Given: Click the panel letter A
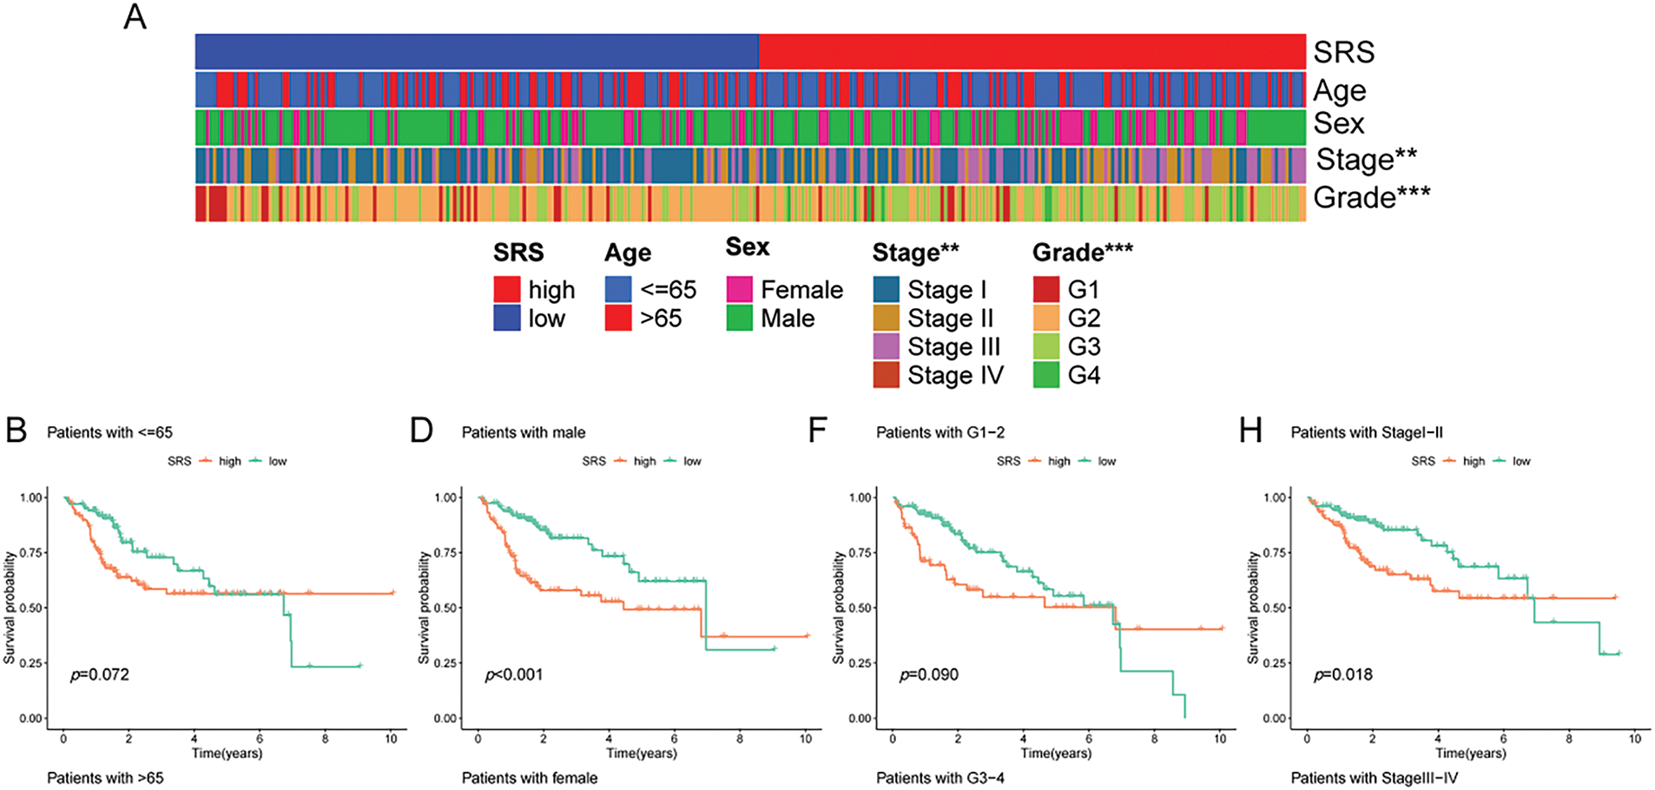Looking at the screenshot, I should point(135,16).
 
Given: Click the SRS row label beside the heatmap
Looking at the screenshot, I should point(1343,52).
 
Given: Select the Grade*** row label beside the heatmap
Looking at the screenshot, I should point(1371,197).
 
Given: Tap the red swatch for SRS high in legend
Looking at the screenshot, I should point(506,289).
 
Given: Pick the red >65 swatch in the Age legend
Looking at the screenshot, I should point(618,318).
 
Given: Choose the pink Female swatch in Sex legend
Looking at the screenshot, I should point(740,289).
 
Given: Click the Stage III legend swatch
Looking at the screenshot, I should point(886,346).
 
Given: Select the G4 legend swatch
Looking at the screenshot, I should point(1046,375).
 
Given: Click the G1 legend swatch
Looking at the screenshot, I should point(1046,289).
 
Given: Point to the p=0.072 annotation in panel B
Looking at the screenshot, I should point(100,675).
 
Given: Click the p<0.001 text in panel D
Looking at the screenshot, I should point(514,675).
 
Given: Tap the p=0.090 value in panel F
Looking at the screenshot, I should point(929,675).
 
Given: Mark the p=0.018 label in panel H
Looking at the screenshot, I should point(1343,675).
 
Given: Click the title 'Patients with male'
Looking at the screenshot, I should point(524,432).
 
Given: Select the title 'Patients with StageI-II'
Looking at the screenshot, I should point(1367,432).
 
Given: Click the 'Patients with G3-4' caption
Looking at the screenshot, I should point(940,778).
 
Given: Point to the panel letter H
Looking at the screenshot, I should point(1250,431).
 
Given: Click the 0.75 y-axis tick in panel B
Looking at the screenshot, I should point(32,553).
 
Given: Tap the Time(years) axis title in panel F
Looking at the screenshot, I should point(1056,753).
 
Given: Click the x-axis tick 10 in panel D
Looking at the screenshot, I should point(806,739).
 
